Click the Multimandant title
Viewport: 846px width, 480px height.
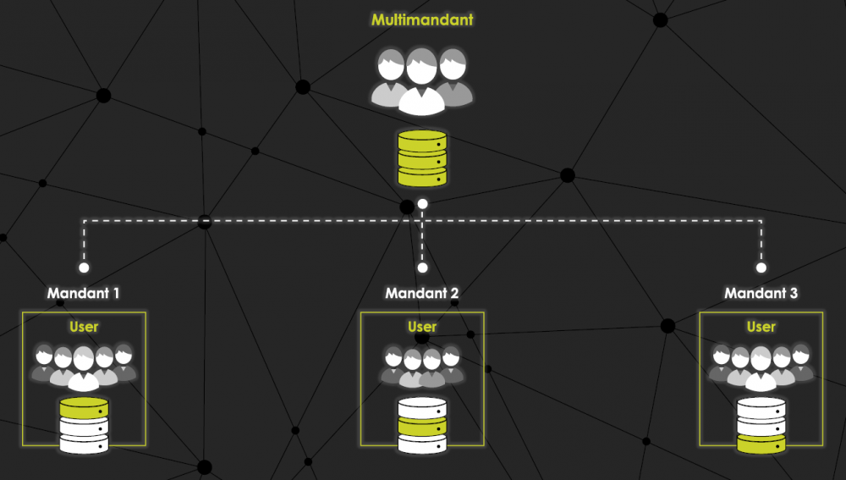coord(422,19)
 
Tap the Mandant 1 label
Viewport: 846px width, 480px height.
coord(83,294)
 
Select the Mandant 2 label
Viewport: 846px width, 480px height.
coord(422,294)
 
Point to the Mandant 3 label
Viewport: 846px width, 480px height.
coord(761,294)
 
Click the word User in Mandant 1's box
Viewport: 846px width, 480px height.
coord(84,327)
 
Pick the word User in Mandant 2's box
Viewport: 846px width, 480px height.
coord(422,327)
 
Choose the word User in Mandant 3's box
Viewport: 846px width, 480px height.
coord(761,327)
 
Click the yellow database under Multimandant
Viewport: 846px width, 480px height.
coord(422,158)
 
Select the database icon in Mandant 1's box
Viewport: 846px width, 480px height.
coord(84,425)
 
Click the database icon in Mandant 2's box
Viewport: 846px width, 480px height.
coord(422,425)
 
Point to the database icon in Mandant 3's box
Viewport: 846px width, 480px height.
coord(761,425)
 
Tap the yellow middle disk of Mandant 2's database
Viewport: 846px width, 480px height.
coord(422,425)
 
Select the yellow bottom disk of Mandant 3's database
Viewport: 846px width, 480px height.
coord(761,443)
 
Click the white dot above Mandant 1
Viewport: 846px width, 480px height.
coord(84,268)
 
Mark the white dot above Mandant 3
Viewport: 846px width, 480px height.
coord(761,268)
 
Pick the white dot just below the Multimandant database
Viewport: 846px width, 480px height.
coord(422,204)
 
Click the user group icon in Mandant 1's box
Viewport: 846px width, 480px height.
coord(84,364)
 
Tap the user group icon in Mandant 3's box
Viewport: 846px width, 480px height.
coord(761,364)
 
